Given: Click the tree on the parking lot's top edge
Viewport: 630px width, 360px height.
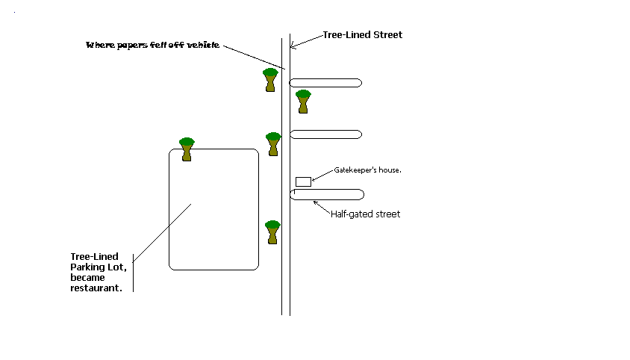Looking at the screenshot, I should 187,149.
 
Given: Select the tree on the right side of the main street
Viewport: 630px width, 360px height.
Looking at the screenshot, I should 303,101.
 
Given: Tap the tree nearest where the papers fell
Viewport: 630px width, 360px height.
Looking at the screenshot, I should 271,79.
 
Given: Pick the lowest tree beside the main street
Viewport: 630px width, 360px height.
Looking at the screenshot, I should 272,232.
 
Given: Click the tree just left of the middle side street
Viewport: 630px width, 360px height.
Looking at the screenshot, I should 273,143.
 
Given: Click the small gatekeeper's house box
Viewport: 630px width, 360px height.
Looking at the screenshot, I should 303,181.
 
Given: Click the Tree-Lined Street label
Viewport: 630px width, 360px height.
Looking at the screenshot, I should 362,35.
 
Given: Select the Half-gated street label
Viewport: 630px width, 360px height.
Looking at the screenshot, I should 365,214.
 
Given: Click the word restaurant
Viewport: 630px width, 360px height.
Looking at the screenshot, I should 96,288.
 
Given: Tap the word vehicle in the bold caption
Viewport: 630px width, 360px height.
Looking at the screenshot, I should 204,46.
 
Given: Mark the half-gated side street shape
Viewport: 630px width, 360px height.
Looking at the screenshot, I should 327,194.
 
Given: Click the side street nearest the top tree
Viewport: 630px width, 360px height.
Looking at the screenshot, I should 325,83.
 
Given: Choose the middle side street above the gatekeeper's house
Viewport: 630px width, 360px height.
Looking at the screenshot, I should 325,134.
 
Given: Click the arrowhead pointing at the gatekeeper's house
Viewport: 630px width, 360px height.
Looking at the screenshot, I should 314,180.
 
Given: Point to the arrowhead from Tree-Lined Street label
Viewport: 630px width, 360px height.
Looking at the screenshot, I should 292,47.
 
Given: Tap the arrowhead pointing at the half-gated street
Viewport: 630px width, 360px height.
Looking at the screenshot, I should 315,201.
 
